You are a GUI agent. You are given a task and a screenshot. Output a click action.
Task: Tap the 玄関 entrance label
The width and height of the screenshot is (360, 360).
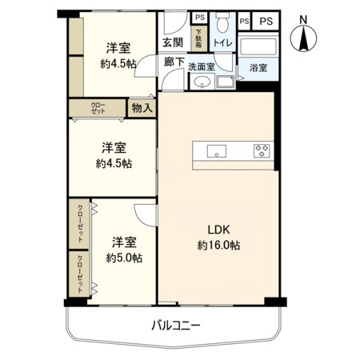tap(172, 42)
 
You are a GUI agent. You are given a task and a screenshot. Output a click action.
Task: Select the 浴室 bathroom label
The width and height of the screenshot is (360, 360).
tap(258, 68)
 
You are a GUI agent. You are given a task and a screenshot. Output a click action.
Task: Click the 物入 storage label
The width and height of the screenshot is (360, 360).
tap(142, 108)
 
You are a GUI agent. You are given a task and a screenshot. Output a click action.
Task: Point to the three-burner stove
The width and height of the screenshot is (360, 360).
tap(262, 150)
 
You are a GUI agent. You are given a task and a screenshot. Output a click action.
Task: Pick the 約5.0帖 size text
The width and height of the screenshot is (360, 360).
tap(124, 258)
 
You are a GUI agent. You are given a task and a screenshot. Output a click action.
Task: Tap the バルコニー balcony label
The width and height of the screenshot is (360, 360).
tap(175, 326)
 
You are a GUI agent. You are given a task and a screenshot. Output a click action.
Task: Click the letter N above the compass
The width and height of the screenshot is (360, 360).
tap(303, 18)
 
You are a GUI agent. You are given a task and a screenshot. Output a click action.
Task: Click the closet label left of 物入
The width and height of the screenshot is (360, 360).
tap(98, 108)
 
